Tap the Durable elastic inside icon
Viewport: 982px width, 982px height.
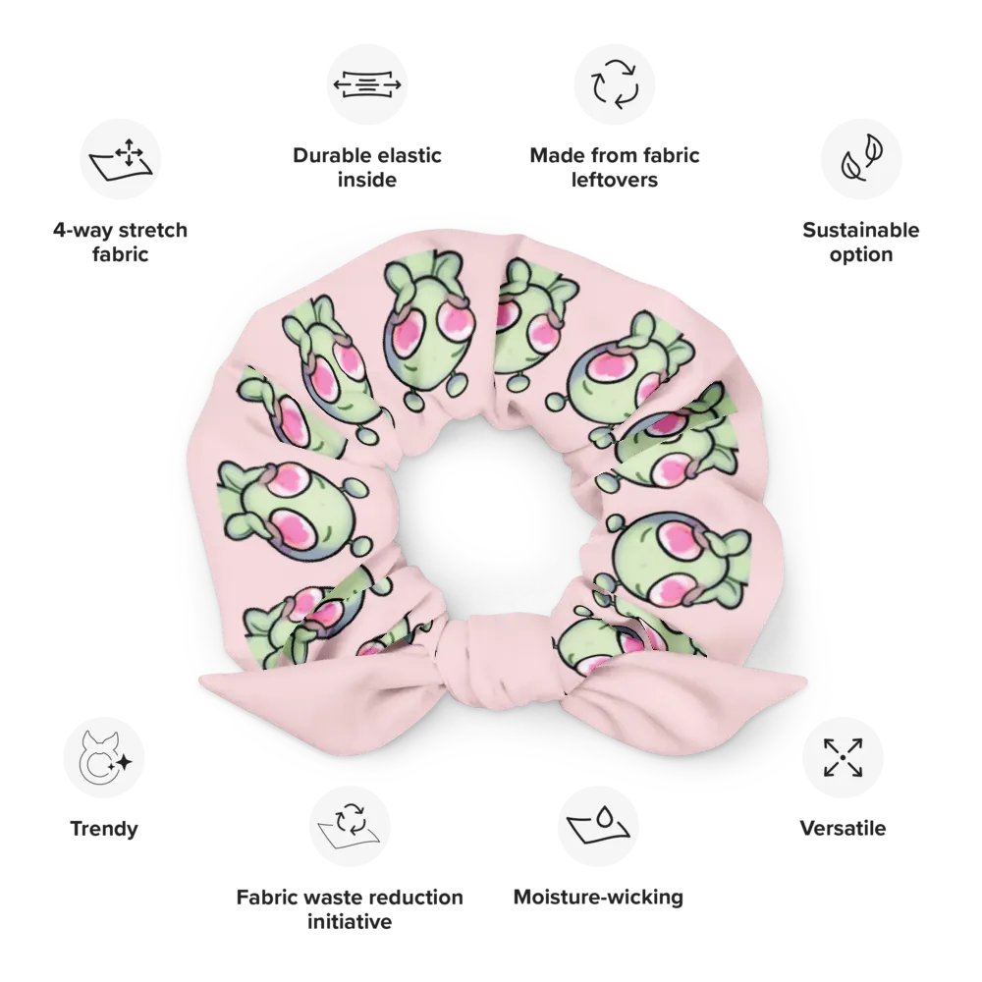point(367,84)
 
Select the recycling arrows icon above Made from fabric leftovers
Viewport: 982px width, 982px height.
point(614,84)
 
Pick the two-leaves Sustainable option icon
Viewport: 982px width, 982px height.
point(860,159)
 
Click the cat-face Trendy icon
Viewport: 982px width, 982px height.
point(104,758)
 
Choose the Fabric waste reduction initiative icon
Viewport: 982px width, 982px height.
point(350,826)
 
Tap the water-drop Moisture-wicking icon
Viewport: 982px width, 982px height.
point(598,826)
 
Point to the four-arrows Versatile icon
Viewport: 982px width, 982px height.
point(843,758)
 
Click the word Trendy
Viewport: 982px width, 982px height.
point(104,829)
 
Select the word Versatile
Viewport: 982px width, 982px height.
point(843,829)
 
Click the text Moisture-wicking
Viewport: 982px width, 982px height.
point(598,897)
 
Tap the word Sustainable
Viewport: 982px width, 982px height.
point(860,231)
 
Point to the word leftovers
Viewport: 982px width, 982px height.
point(614,181)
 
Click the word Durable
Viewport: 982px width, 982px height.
point(329,156)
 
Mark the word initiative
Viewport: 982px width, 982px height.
point(350,922)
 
